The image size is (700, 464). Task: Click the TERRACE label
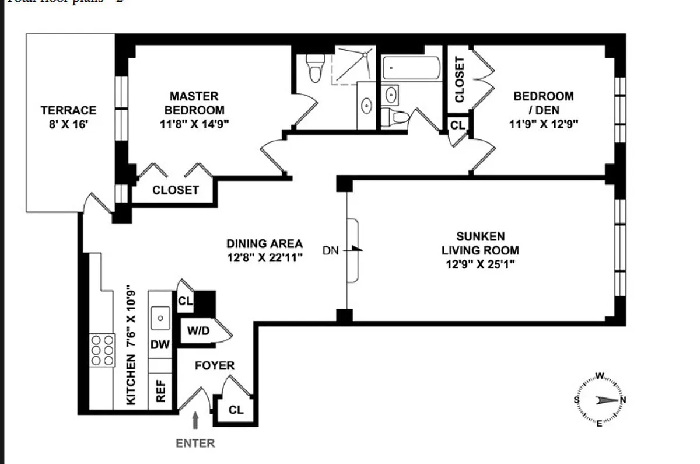[68, 110]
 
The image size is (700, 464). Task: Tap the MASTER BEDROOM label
[194, 103]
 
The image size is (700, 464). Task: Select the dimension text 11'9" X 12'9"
[543, 124]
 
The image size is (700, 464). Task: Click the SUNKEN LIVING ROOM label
[480, 243]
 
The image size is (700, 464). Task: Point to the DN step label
[330, 251]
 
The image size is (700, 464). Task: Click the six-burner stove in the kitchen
[102, 350]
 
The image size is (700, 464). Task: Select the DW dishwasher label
[160, 345]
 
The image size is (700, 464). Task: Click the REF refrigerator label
[161, 391]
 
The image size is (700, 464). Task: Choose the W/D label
[198, 331]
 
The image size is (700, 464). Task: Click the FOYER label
[214, 366]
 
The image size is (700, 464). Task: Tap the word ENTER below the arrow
[195, 443]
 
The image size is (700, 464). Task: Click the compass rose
[599, 400]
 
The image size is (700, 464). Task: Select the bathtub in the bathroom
[412, 69]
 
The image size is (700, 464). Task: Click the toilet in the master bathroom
[315, 68]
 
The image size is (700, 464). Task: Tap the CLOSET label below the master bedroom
[175, 190]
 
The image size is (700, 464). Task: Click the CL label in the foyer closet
[236, 410]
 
